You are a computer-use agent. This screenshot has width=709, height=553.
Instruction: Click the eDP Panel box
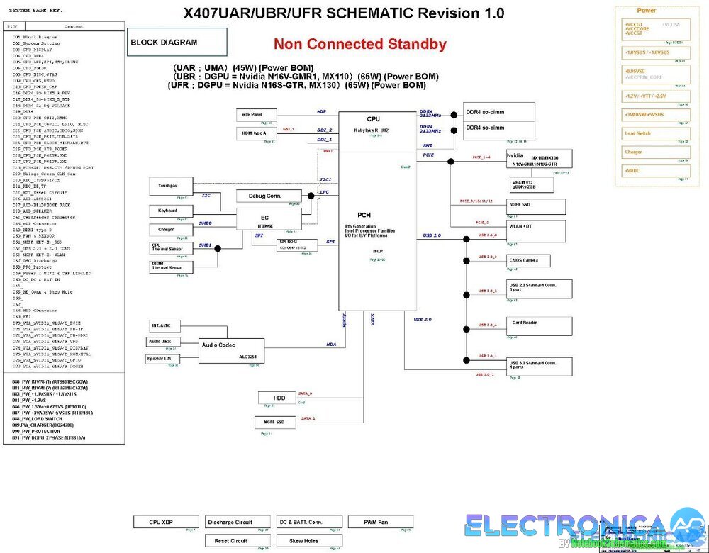click(x=256, y=114)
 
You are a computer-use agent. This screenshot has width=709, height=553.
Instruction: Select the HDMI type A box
click(x=256, y=133)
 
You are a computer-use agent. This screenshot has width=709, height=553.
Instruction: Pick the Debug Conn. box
click(x=265, y=196)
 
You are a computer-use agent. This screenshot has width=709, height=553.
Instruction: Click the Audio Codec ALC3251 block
click(x=230, y=350)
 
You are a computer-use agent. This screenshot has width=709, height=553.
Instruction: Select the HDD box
click(x=279, y=398)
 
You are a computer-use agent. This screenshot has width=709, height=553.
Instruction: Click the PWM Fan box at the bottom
click(x=376, y=522)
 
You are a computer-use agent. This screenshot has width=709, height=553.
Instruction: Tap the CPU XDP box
click(x=161, y=522)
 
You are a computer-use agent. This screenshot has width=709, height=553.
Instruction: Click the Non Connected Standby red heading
click(x=360, y=44)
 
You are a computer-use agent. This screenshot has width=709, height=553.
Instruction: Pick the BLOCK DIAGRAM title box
click(x=177, y=43)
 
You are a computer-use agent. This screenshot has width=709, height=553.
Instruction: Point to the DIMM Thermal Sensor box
click(x=167, y=267)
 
